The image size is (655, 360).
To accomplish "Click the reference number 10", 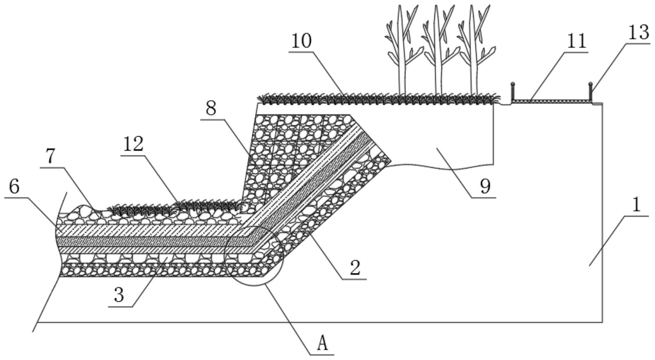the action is [x=301, y=41].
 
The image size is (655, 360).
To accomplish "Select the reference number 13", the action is [x=638, y=33].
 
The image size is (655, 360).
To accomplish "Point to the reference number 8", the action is [x=211, y=109].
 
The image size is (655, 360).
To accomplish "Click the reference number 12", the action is [x=133, y=144].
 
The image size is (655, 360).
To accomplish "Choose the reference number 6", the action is [x=14, y=187].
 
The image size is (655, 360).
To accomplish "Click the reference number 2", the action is [x=355, y=268].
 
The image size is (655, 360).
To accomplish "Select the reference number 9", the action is [x=485, y=186].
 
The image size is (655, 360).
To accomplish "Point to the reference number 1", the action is [x=636, y=205].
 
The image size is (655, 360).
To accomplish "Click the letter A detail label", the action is [x=322, y=344].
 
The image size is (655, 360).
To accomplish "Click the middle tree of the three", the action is [x=438, y=51].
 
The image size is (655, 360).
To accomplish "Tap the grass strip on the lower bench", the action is [x=175, y=206].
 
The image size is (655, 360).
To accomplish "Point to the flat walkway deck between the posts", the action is [x=551, y=101].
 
